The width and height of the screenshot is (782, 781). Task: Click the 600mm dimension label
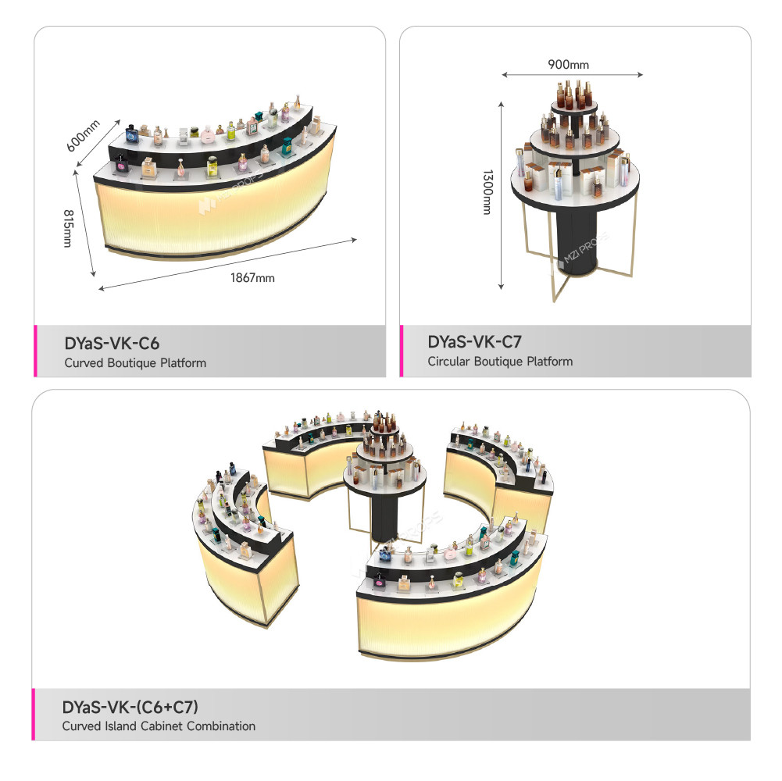tap(84, 135)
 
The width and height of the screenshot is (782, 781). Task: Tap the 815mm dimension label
tap(68, 228)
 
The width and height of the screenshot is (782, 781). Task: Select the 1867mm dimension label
tap(252, 278)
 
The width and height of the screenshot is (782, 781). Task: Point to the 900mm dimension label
tap(569, 64)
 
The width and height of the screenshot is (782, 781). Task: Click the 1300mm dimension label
tap(487, 192)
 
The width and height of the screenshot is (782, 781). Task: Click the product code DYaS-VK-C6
tap(112, 343)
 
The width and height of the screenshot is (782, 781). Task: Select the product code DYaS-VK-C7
tap(474, 341)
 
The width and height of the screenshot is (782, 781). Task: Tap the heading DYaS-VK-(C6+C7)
tap(130, 707)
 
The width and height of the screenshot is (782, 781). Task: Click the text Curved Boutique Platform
tap(135, 363)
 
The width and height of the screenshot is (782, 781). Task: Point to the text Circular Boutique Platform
tap(500, 362)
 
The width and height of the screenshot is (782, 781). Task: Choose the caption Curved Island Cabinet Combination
tap(159, 726)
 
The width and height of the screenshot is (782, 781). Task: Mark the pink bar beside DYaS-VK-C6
tap(35, 351)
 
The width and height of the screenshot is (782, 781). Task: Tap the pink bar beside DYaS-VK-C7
tap(402, 351)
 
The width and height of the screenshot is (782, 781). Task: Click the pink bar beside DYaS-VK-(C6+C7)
tap(34, 714)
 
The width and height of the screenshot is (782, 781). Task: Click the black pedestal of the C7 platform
tap(576, 240)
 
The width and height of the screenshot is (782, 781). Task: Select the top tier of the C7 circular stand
tap(574, 108)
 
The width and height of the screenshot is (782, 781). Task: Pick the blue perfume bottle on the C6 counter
tap(132, 134)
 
